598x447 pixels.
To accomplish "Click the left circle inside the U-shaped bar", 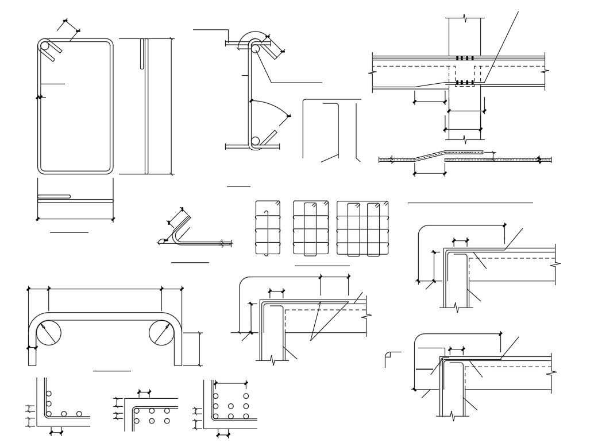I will point(48,333).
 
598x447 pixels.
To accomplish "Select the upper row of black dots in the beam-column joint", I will point(465,58).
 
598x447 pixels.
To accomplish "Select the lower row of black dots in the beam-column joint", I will point(465,83).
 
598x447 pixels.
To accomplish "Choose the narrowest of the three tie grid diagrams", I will point(268,228).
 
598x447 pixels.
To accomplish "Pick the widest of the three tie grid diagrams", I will point(362,228).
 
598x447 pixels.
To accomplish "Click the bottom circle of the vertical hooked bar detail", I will point(255,141).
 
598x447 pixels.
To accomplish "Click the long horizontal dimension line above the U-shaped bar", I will point(105,289).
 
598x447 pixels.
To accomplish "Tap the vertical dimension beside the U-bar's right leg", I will point(200,348).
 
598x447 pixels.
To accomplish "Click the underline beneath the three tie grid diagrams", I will point(322,266).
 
